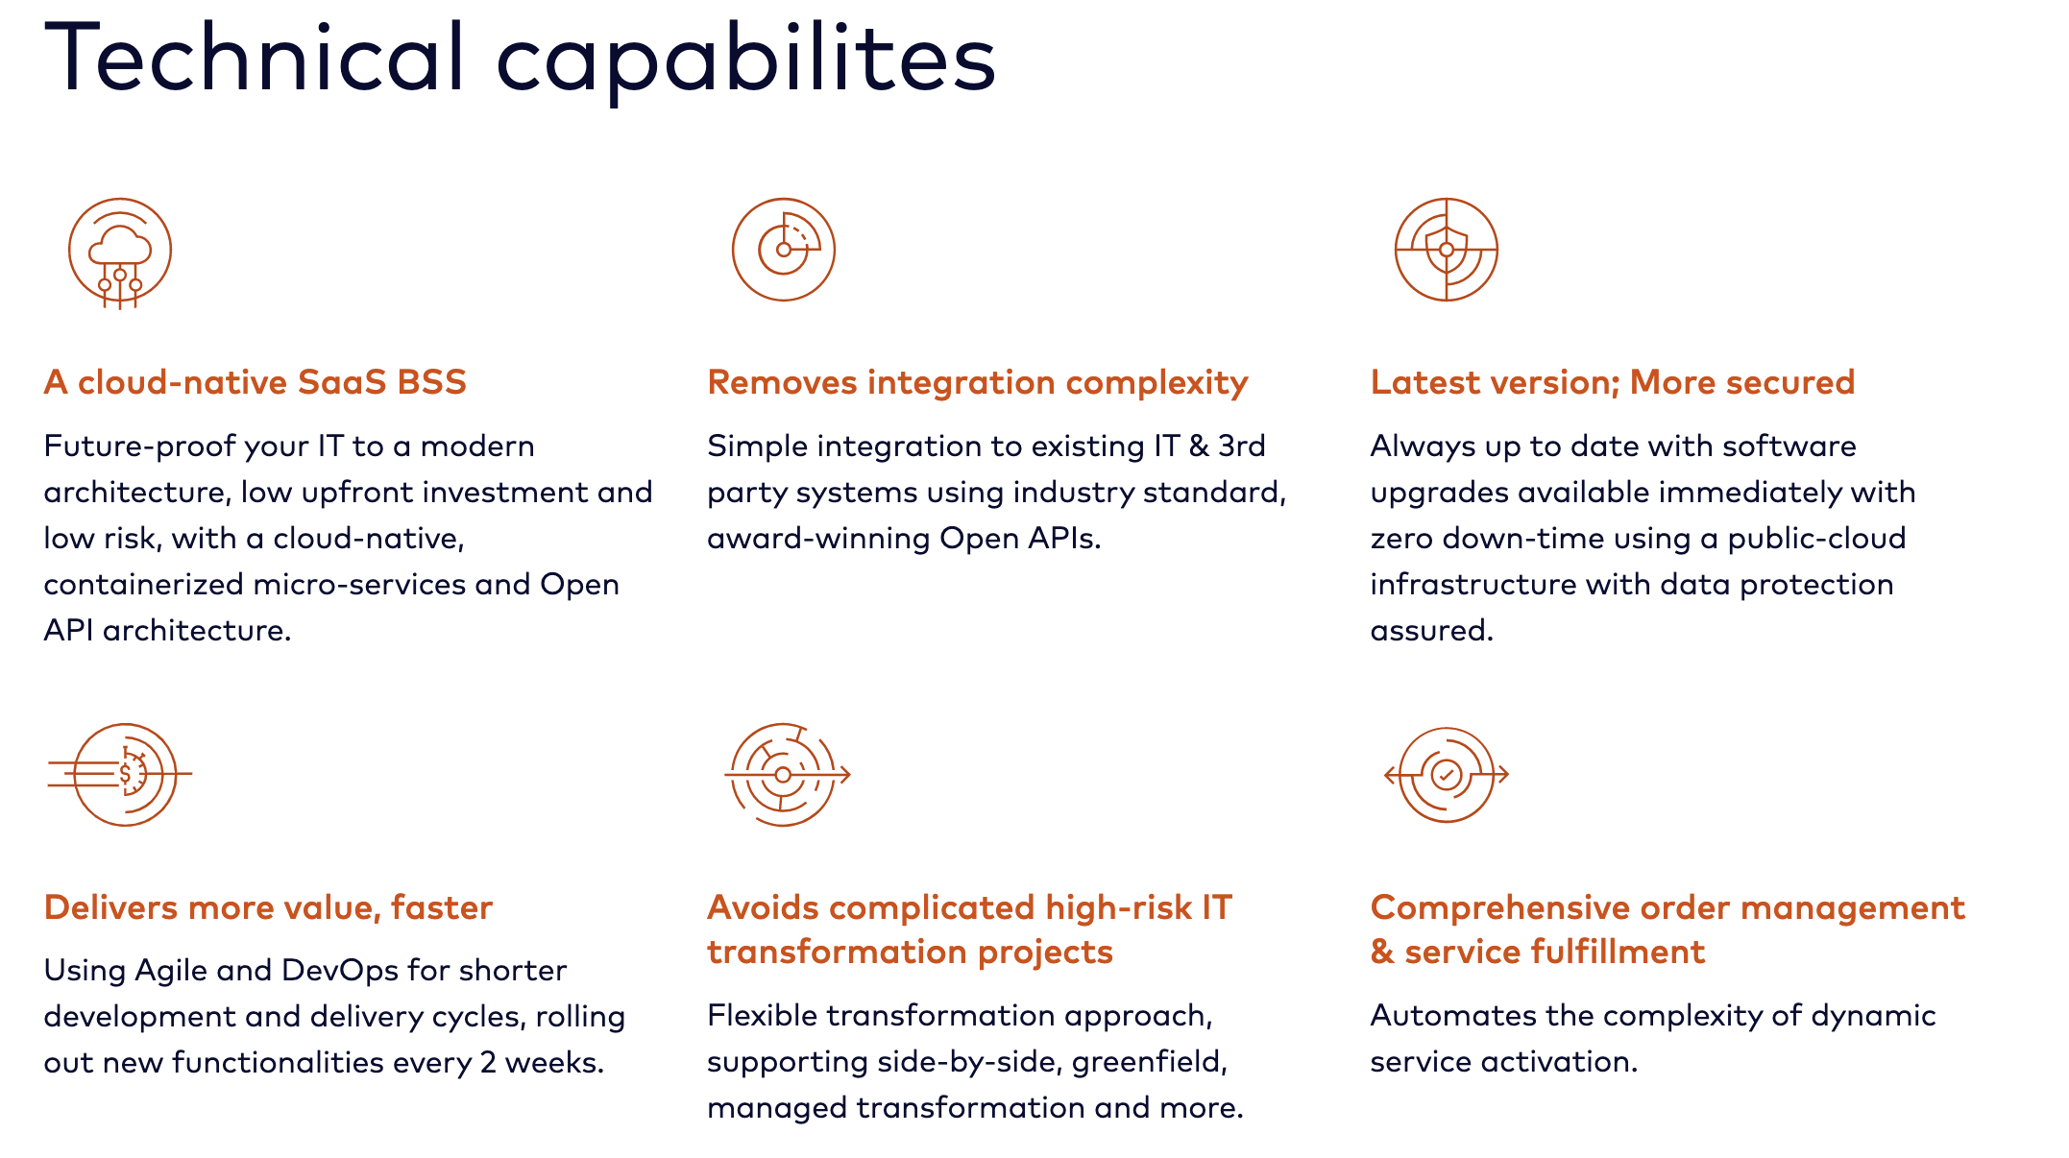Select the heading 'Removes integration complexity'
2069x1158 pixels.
[977, 382]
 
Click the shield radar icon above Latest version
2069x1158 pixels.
[1446, 250]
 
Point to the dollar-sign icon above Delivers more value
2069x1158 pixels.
[124, 774]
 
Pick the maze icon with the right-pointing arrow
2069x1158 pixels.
[785, 774]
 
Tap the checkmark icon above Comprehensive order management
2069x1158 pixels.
[1446, 774]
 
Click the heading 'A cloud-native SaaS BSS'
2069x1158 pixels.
[255, 382]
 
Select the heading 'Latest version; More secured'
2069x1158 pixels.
[1612, 382]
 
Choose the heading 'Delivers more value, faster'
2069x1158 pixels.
[268, 907]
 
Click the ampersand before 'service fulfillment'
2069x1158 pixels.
[1381, 952]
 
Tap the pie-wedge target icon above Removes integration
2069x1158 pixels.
[784, 250]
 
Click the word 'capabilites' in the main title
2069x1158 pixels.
[745, 60]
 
